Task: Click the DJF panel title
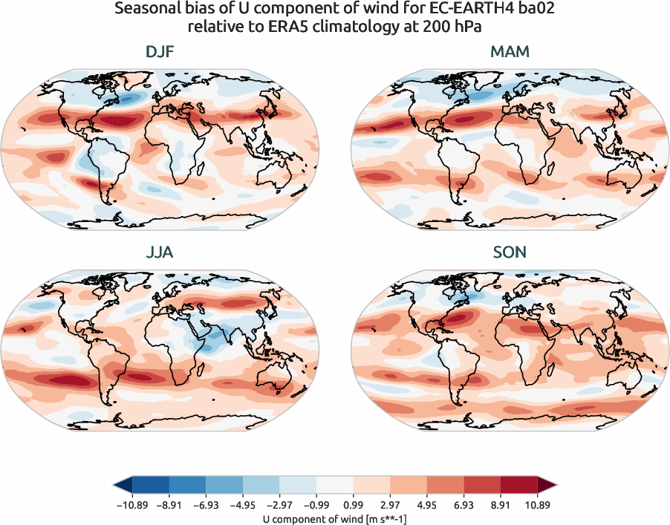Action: pos(161,52)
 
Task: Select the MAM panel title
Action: pos(510,52)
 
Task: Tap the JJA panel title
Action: pos(160,252)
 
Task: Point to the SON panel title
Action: pos(510,252)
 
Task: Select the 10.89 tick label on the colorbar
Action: pos(537,503)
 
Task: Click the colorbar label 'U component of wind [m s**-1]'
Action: pos(335,518)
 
